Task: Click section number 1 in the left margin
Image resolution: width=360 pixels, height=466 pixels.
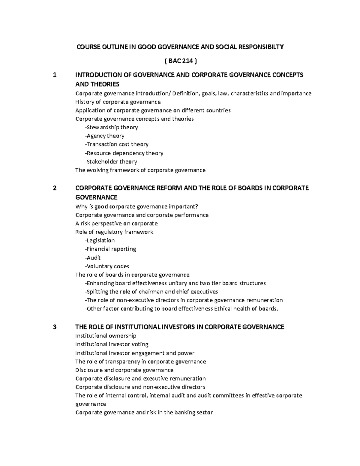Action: (x=54, y=75)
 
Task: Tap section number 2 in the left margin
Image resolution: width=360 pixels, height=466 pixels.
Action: (x=54, y=188)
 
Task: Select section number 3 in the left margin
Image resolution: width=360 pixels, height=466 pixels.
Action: (x=54, y=327)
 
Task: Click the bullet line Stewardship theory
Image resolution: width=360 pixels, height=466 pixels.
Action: (x=111, y=127)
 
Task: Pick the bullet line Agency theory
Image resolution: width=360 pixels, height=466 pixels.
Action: (x=105, y=136)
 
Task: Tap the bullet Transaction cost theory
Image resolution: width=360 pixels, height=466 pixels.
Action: (x=117, y=144)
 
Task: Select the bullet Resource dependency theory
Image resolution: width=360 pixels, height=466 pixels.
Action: (x=124, y=153)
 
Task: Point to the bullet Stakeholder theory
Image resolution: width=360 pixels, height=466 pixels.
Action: (x=111, y=162)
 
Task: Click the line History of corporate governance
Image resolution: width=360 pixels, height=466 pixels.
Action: (x=118, y=102)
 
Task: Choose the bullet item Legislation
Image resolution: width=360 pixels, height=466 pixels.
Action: (x=100, y=240)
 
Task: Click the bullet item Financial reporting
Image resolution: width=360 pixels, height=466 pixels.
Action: (x=110, y=249)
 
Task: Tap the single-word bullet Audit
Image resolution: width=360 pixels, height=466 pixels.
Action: (x=93, y=258)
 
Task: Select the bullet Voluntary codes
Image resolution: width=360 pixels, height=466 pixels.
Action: (x=107, y=266)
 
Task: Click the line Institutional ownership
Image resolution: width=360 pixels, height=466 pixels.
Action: (x=106, y=335)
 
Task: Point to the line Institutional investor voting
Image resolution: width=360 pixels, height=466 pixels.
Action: (x=112, y=344)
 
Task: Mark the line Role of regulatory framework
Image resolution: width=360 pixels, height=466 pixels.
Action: (x=114, y=232)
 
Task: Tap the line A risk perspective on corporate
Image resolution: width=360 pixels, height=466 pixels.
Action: (x=116, y=224)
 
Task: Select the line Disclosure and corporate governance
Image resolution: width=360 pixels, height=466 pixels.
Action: (x=124, y=370)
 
